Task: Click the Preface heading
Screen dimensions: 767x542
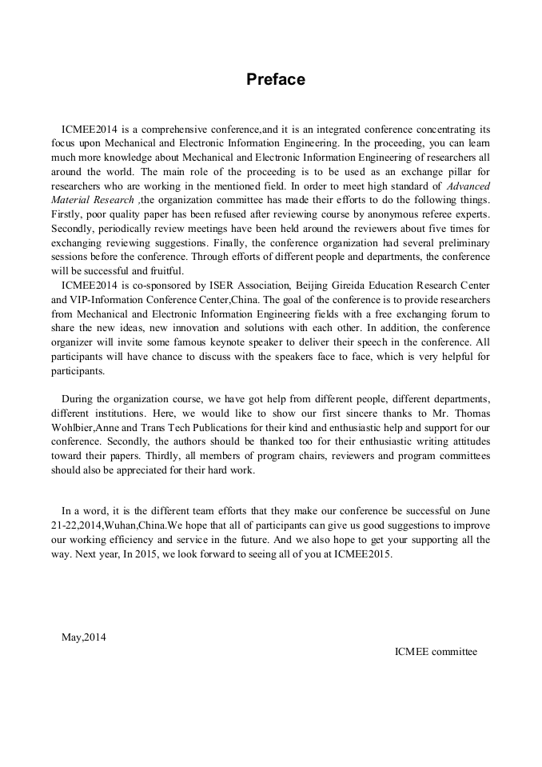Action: [x=275, y=80]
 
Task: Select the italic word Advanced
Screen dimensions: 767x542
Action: [x=468, y=186]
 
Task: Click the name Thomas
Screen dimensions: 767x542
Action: [x=469, y=413]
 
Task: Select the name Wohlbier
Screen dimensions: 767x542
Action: [x=74, y=427]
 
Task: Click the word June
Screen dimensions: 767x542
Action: [x=478, y=510]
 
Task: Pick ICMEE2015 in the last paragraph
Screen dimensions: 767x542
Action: [x=365, y=553]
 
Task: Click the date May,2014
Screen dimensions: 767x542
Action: [x=84, y=637]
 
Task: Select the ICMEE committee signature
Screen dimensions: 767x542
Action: [x=436, y=651]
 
